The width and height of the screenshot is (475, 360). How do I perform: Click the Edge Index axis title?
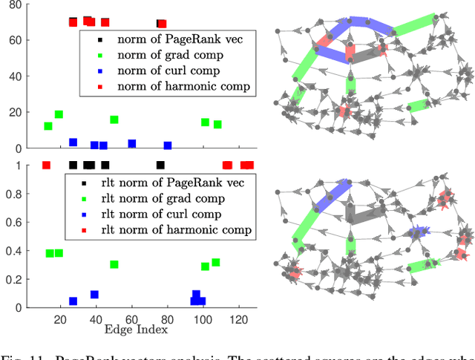pyautogui.click(x=134, y=329)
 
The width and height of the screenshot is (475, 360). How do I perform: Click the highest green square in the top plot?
pyautogui.click(x=59, y=115)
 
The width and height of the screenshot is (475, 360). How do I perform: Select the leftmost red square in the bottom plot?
pyautogui.click(x=46, y=165)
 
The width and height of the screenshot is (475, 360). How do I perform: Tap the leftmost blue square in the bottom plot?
pyautogui.click(x=73, y=301)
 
